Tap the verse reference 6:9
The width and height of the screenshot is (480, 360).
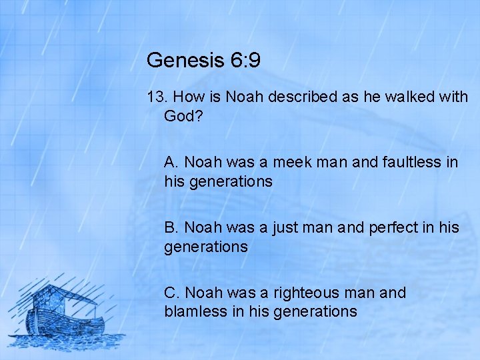point(243,61)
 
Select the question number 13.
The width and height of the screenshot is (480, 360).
point(156,97)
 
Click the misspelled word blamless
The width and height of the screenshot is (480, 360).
point(192,311)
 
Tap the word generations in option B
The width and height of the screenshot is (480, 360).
point(206,247)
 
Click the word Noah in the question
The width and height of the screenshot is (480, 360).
point(245,97)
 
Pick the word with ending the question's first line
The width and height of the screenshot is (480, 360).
point(454,97)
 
